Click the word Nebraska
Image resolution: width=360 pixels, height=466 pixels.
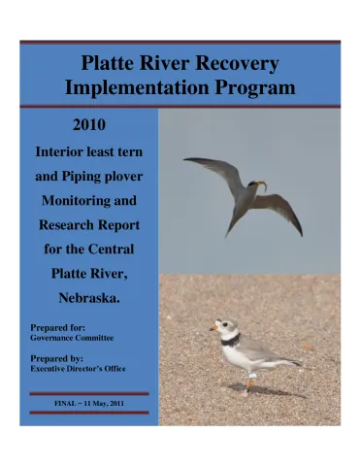click(x=89, y=297)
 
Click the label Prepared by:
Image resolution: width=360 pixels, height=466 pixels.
click(x=61, y=358)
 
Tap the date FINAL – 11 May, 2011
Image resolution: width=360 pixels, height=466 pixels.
click(x=88, y=402)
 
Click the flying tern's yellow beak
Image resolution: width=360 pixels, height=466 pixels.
click(x=260, y=183)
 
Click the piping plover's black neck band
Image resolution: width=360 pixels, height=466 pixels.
click(x=229, y=341)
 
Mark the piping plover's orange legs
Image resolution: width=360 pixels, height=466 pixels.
click(x=248, y=383)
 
